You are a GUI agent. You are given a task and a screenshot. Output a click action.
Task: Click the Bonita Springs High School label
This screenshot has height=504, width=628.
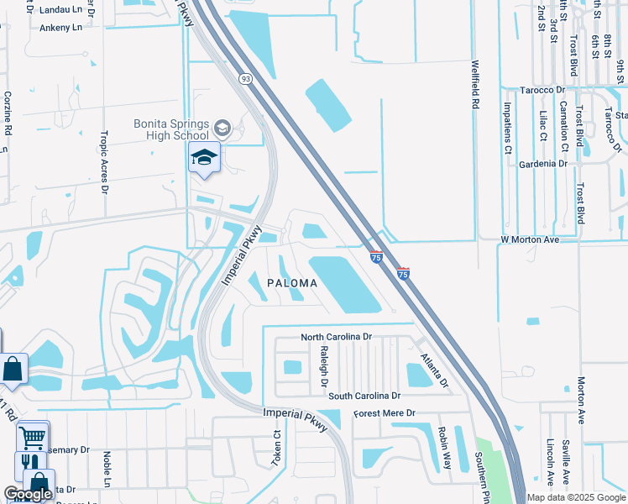pos(171,129)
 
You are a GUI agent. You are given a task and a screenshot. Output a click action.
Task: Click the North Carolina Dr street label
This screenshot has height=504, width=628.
pos(336,337)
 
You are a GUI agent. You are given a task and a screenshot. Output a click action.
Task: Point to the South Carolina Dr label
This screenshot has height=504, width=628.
pos(365,395)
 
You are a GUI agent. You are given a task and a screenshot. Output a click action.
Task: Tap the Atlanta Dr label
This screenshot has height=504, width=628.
pos(436,370)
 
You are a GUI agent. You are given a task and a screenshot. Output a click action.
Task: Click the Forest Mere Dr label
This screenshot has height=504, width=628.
pos(385,413)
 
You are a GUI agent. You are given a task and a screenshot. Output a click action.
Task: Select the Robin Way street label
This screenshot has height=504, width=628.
pos(444,448)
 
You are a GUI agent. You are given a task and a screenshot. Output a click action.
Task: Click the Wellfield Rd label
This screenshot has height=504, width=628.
pos(475,84)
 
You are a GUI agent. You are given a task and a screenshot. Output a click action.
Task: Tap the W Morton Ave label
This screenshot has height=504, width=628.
pos(530,239)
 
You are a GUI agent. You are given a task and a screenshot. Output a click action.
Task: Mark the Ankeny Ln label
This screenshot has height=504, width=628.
pos(60,27)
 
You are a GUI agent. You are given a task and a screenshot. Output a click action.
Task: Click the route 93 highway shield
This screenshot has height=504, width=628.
pos(245,78)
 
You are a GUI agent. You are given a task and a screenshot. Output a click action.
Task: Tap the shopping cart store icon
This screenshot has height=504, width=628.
pos(33,436)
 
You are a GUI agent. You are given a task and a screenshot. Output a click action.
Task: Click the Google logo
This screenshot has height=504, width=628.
pos(28,494)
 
